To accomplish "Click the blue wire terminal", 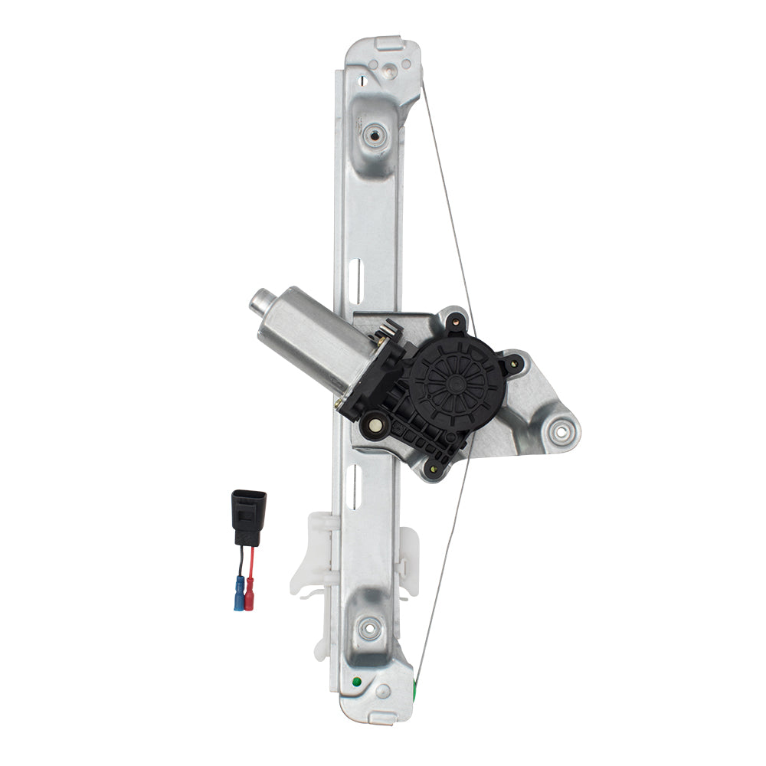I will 238,594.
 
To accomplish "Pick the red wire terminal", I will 249,593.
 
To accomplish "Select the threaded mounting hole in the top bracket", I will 373,136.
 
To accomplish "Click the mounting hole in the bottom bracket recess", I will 369,625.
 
